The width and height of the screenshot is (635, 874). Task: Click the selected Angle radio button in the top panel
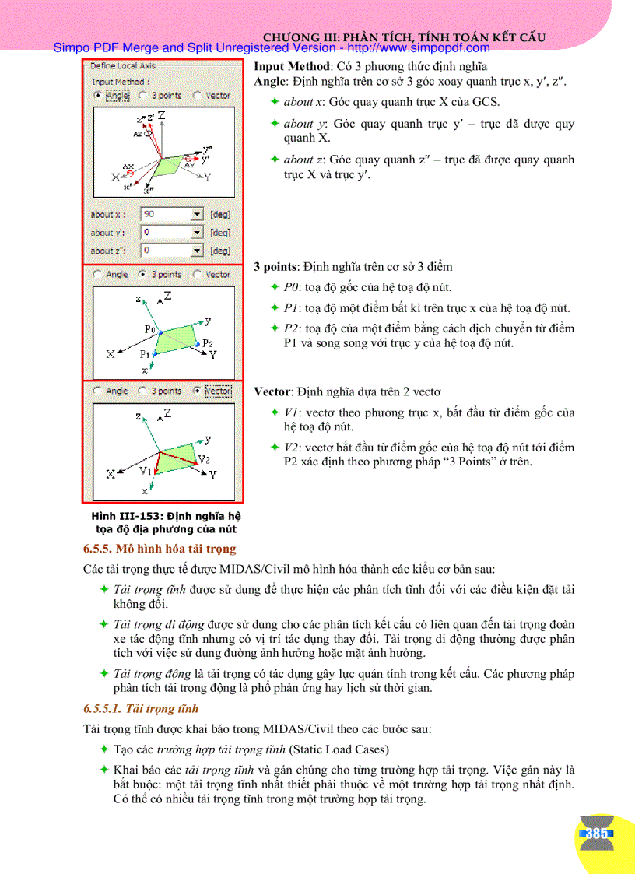97,96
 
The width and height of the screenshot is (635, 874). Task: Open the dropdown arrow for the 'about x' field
197,214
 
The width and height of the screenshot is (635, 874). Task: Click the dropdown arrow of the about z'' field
197,251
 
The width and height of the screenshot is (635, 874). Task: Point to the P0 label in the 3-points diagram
150,328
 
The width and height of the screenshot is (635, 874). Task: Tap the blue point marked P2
198,343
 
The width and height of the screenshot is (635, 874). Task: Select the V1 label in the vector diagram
146,471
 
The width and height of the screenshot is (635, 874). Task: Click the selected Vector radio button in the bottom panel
197,391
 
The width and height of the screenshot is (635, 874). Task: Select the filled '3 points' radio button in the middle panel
142,274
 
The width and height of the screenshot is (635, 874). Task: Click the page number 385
597,834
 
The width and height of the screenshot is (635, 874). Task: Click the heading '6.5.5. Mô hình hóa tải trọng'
160,549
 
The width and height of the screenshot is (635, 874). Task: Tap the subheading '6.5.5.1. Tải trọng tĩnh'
141,709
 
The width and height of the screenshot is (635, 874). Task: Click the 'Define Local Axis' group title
123,67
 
